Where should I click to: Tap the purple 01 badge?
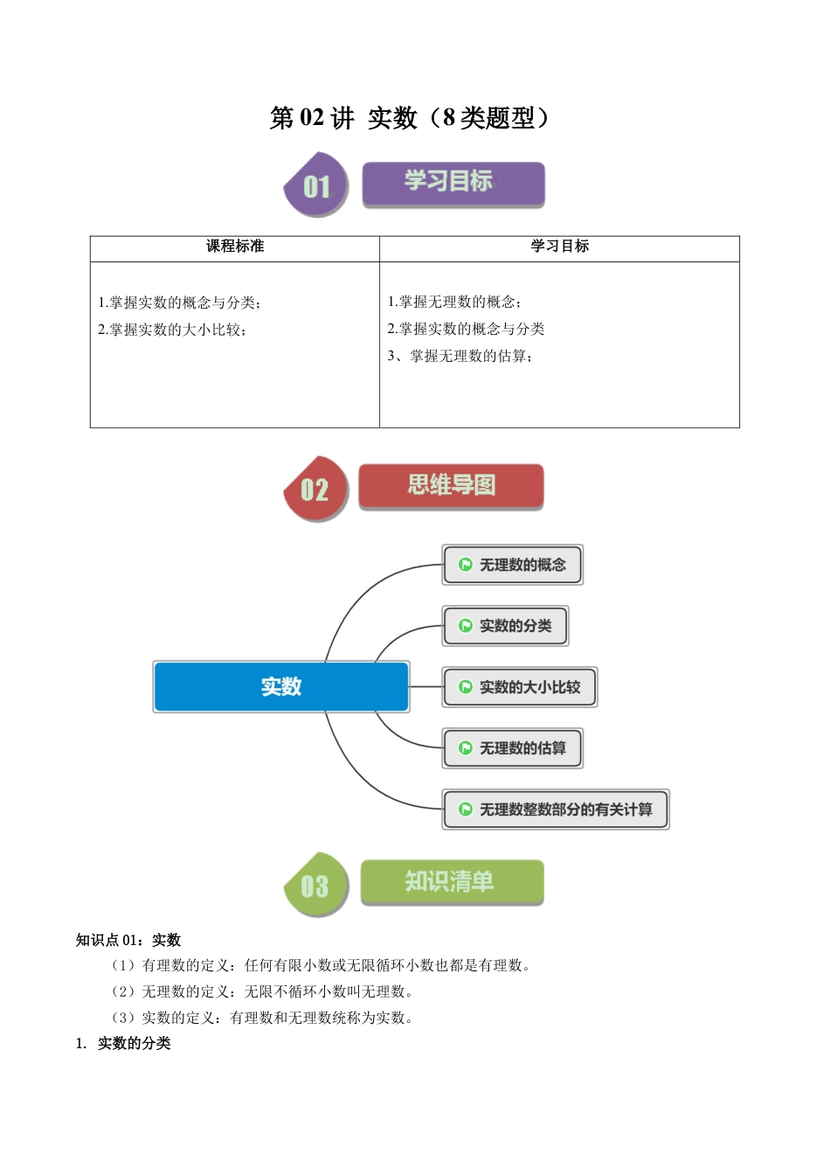coord(316,185)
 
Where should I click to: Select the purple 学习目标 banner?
coord(453,183)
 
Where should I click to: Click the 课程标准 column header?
coord(235,247)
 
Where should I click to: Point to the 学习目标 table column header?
coord(560,247)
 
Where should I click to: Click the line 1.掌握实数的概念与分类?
coord(179,302)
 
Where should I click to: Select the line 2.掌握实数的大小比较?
coord(172,330)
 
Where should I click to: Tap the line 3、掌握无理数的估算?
coord(460,356)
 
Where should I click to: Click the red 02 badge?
coord(315,489)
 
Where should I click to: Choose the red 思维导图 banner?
coord(451,485)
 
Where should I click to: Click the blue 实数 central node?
coord(281,687)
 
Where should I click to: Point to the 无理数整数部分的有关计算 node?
coord(556,810)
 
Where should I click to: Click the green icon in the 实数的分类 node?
coord(466,626)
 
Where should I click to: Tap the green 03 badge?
coord(315,885)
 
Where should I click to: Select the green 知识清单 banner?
coord(451,881)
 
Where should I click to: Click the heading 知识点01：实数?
coord(128,940)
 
